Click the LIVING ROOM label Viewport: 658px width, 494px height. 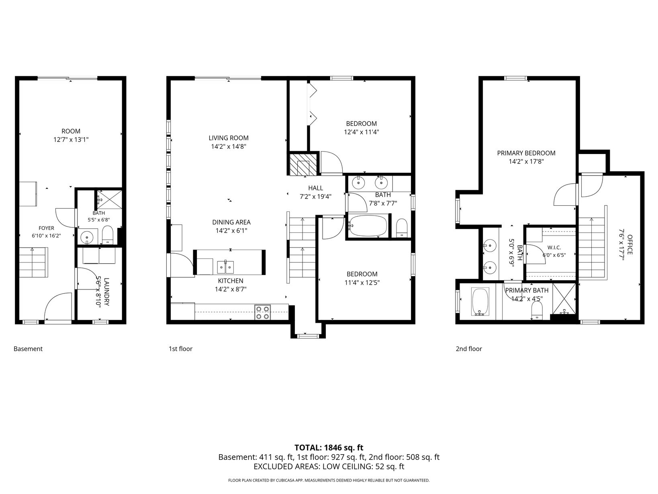coord(229,138)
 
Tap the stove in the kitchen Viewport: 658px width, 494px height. coord(262,312)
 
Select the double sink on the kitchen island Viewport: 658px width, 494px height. coord(225,267)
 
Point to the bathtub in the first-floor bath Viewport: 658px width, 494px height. coord(368,226)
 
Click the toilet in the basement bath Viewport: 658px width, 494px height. coord(107,235)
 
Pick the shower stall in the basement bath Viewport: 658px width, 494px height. coord(109,200)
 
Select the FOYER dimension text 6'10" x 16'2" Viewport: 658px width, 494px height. coord(47,236)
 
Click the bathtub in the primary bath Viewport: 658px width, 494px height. coord(480,302)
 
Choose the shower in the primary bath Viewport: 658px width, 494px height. coord(564,299)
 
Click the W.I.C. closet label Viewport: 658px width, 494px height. coord(554,248)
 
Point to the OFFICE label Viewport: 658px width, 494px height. coord(630,245)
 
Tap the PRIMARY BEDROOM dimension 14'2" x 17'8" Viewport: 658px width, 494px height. coord(526,161)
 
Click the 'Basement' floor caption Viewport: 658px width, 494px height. coord(28,348)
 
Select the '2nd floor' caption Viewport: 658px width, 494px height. coord(469,348)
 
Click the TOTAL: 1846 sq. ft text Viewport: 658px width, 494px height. coord(329,447)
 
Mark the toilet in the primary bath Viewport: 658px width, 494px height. coord(537,310)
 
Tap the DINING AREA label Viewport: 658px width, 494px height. coord(231,222)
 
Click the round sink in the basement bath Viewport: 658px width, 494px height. coord(87,237)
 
